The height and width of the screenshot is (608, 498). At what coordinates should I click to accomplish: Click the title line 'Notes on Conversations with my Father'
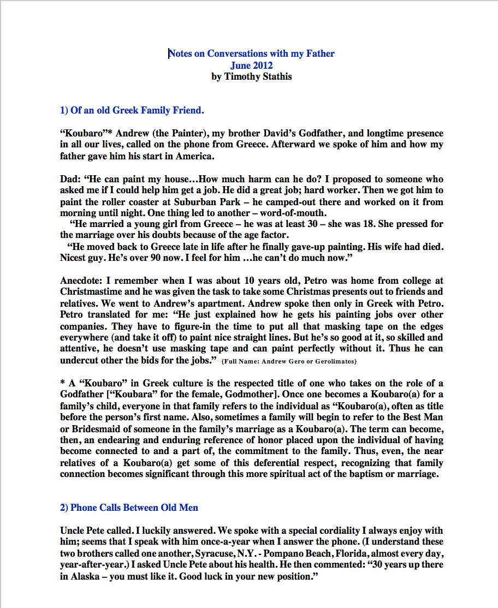[251, 53]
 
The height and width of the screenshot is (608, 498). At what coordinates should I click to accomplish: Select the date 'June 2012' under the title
[251, 65]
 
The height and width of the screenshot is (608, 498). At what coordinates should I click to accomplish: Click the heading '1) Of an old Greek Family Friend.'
[132, 110]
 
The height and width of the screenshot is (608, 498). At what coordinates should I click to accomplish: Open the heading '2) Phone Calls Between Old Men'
[129, 508]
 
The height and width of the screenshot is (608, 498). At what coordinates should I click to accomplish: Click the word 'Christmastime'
[91, 292]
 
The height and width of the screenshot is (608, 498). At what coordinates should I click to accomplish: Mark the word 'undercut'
[79, 360]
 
